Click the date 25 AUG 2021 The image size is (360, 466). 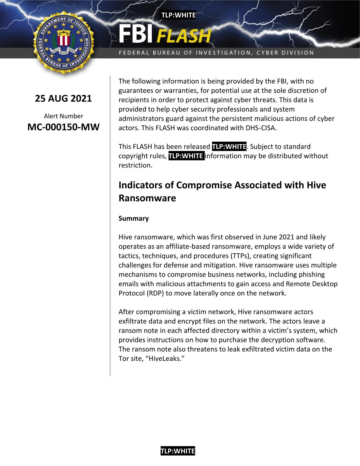tap(63, 99)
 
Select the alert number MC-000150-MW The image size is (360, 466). tap(63, 127)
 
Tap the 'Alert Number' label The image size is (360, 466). tap(63, 116)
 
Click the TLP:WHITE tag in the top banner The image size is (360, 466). tap(178, 15)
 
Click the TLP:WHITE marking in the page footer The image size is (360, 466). tap(178, 451)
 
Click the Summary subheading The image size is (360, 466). tap(134, 218)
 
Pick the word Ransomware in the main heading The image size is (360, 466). tap(147, 198)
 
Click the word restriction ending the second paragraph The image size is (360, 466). tap(135, 165)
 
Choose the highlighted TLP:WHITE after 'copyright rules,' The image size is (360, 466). tap(186, 156)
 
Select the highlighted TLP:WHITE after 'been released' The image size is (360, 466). tap(229, 147)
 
